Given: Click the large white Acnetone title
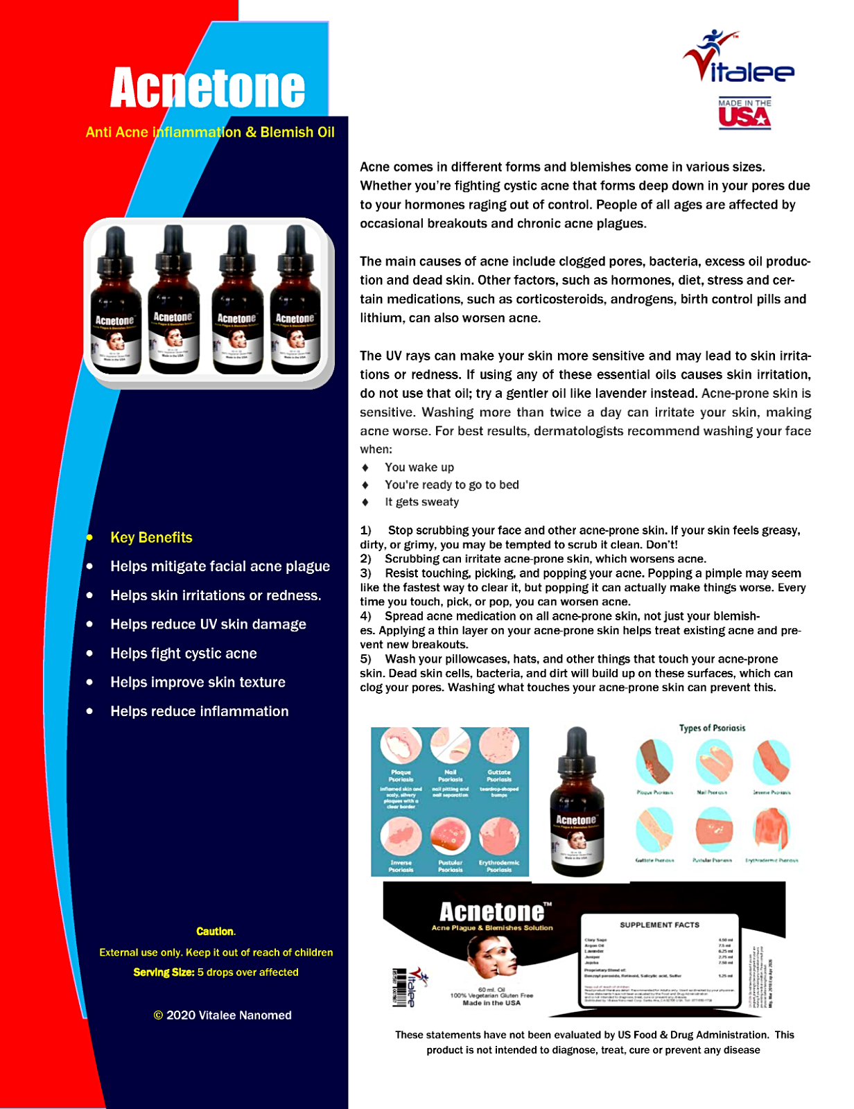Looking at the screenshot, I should pyautogui.click(x=207, y=88).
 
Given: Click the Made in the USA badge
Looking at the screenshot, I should pyautogui.click(x=744, y=114).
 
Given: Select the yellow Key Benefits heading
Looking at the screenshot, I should pyautogui.click(x=151, y=538).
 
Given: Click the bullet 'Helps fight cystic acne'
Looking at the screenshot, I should pyautogui.click(x=184, y=654).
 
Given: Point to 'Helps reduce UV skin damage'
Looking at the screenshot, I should pyautogui.click(x=208, y=625).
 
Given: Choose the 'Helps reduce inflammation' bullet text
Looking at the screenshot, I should pyautogui.click(x=200, y=712).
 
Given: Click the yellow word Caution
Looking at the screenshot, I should pyautogui.click(x=215, y=932).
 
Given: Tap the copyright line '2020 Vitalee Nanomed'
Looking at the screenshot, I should pyautogui.click(x=223, y=1015).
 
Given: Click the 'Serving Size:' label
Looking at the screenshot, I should pyautogui.click(x=164, y=972).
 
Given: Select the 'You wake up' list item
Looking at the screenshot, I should pyautogui.click(x=419, y=468).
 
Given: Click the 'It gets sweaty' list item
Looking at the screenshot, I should pyautogui.click(x=421, y=503).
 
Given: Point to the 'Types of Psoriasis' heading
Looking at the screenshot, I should pyautogui.click(x=712, y=728).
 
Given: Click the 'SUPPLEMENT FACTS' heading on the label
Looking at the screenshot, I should pyautogui.click(x=659, y=925).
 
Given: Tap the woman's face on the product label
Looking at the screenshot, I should pyautogui.click(x=491, y=955).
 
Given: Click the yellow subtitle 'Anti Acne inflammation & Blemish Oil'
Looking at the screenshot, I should pyautogui.click(x=210, y=132).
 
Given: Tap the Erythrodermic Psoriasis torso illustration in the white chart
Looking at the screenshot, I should pyautogui.click(x=772, y=830).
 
